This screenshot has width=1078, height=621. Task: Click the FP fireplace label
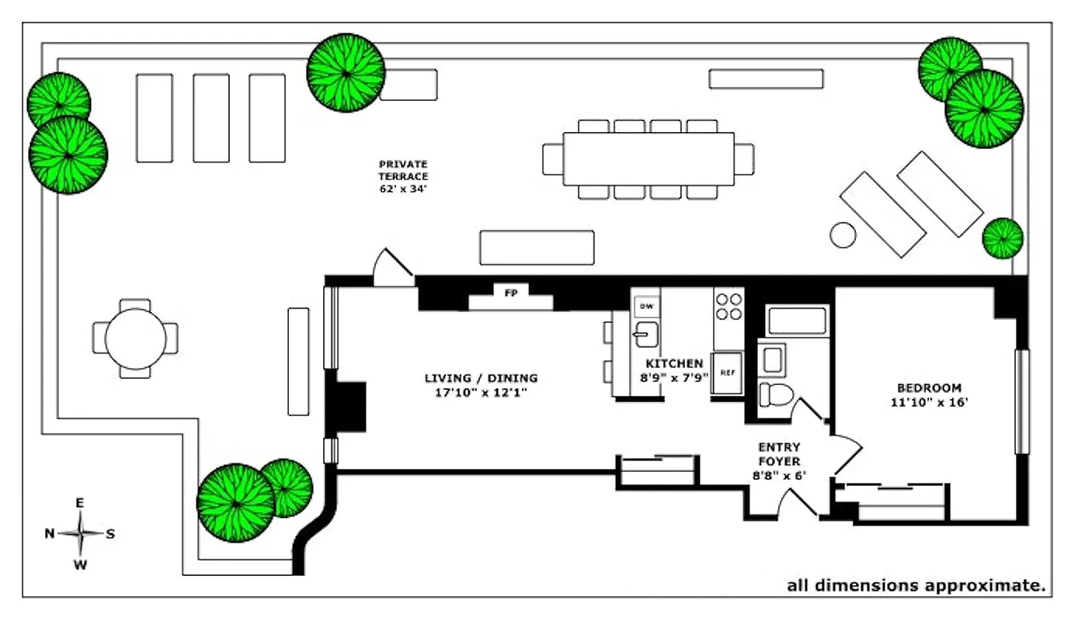pyautogui.click(x=511, y=293)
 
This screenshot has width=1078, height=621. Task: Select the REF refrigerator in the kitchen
pyautogui.click(x=727, y=373)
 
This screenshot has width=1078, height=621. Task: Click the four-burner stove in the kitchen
pyautogui.click(x=729, y=305)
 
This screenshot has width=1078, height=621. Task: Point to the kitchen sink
pyautogui.click(x=644, y=336)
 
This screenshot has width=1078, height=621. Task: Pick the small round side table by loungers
pyautogui.click(x=843, y=234)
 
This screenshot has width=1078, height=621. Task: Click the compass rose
pyautogui.click(x=80, y=533)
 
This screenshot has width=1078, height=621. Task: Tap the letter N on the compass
pyautogui.click(x=49, y=533)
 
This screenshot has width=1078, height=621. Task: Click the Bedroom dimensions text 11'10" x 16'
pyautogui.click(x=929, y=402)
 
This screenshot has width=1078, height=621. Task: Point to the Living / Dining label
pyautogui.click(x=481, y=378)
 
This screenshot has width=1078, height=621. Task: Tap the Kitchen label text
pyautogui.click(x=674, y=363)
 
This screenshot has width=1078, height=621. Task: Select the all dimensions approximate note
pyautogui.click(x=916, y=585)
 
